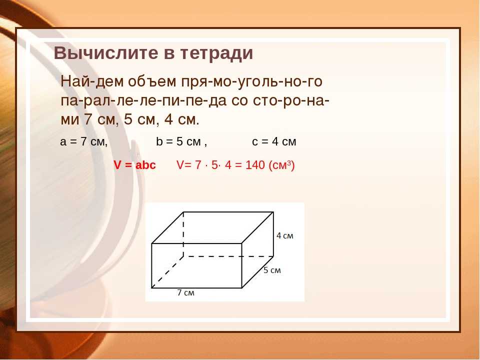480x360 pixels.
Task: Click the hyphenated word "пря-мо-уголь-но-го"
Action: click(251, 82)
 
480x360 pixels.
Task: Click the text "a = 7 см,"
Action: click(84, 141)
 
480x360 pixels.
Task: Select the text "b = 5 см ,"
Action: click(181, 141)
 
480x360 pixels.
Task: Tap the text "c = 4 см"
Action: click(274, 141)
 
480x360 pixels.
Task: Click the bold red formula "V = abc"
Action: click(134, 165)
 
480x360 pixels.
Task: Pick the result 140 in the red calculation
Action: click(255, 165)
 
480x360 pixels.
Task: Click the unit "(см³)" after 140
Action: click(281, 165)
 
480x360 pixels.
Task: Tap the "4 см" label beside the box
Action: click(284, 235)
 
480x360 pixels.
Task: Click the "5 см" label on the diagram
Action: click(272, 270)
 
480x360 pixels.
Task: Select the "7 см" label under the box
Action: click(186, 292)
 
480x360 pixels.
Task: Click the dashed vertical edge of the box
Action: click(183, 234)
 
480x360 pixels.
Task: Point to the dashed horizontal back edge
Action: click(228, 256)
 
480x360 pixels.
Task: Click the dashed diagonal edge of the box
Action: click(167, 272)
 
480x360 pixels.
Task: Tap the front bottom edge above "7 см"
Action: click(196, 288)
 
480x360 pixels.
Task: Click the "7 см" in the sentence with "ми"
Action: click(99, 119)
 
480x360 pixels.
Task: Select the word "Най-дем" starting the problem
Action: click(92, 81)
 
